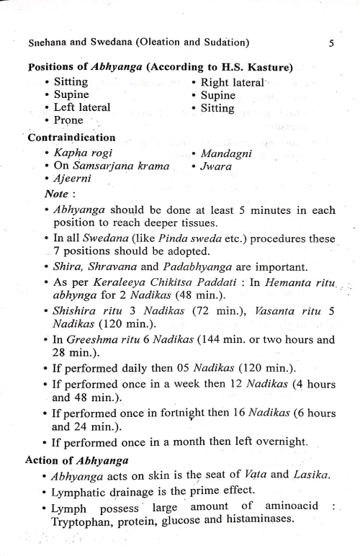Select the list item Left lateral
click(x=82, y=108)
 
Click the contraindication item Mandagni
click(x=230, y=154)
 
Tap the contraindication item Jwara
click(x=218, y=168)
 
